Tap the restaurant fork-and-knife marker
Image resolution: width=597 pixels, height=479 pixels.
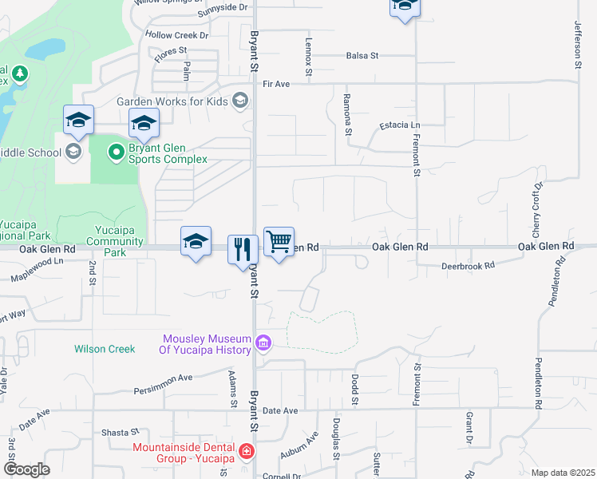click(x=243, y=250)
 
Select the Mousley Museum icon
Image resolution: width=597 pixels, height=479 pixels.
click(x=263, y=344)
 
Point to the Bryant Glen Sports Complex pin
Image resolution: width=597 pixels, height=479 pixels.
click(x=116, y=150)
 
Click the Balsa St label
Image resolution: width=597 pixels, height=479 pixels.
click(x=362, y=56)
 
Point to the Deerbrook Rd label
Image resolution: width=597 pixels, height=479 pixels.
click(x=468, y=264)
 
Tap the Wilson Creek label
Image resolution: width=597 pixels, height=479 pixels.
click(x=105, y=349)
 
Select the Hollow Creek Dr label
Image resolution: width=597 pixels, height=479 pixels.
click(x=176, y=35)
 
